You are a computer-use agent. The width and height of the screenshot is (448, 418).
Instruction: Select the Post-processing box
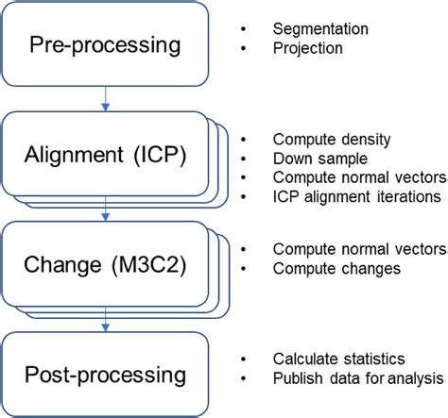[x=105, y=375]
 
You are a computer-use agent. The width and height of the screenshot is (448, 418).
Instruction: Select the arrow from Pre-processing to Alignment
[x=108, y=97]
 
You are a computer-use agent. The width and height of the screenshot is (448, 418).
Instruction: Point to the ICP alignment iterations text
[x=355, y=196]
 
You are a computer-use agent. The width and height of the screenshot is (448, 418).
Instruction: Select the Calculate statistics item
[x=338, y=359]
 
